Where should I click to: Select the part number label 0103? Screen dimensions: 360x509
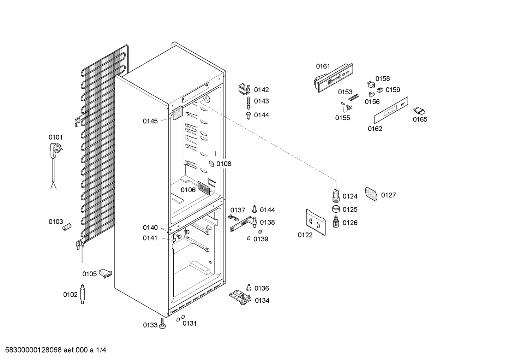pyautogui.click(x=55, y=222)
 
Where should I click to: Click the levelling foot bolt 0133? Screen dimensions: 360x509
pyautogui.click(x=162, y=324)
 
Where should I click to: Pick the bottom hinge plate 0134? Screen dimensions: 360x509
pyautogui.click(x=241, y=297)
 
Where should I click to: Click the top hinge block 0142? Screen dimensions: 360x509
pyautogui.click(x=244, y=89)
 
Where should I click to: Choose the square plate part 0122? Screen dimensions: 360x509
pyautogui.click(x=315, y=222)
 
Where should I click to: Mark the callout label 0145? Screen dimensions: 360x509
pyautogui.click(x=150, y=121)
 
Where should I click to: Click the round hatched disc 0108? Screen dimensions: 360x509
pyautogui.click(x=211, y=164)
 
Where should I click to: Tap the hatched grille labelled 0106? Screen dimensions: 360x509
pyautogui.click(x=204, y=187)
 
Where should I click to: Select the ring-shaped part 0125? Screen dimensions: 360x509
pyautogui.click(x=336, y=209)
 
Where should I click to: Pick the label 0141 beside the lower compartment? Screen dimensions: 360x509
pyautogui.click(x=150, y=238)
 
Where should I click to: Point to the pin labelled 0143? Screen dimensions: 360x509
pyautogui.click(x=249, y=101)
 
